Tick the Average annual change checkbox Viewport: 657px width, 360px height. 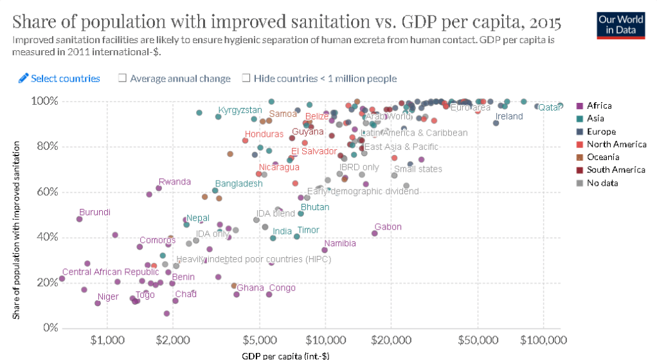point(122,78)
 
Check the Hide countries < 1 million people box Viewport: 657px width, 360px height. point(246,78)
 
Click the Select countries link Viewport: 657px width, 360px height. point(59,78)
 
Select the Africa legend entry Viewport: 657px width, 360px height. point(598,105)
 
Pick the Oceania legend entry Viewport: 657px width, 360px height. point(602,157)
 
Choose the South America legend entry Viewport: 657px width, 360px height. point(616,170)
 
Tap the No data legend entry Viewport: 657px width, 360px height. point(601,183)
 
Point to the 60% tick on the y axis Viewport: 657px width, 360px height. point(44,192)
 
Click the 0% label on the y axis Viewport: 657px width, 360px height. point(49,328)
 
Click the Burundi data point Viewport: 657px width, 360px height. point(79,219)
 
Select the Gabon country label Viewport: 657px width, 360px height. point(388,227)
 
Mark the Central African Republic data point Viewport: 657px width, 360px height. point(62,278)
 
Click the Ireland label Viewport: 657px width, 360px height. point(509,116)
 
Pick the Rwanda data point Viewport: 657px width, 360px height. point(159,188)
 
